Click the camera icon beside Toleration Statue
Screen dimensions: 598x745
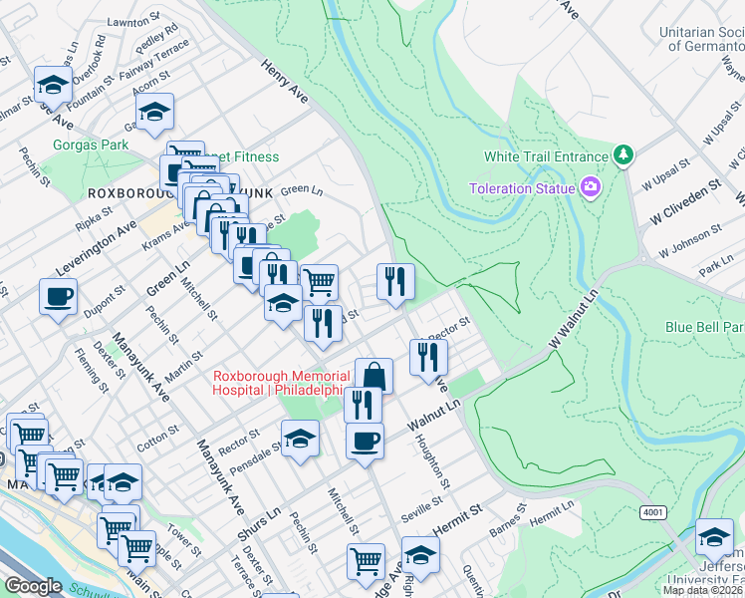[591, 186]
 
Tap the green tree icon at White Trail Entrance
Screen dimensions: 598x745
[623, 155]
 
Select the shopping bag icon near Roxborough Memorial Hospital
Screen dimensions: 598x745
[373, 376]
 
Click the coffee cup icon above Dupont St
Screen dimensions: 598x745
[58, 295]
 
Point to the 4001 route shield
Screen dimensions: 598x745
[653, 512]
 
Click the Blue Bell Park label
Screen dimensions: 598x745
[705, 327]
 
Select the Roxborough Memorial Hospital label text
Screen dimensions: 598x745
[281, 383]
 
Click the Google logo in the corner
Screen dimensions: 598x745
[33, 586]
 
